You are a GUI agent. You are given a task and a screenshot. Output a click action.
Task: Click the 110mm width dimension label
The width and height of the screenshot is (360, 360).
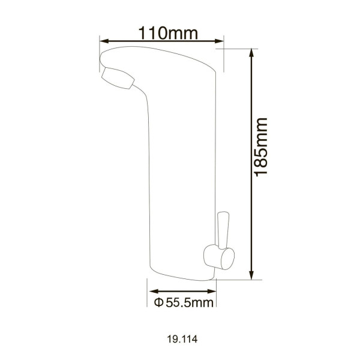coord(160,32)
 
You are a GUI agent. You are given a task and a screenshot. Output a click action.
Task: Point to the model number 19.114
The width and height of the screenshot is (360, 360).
coord(179,338)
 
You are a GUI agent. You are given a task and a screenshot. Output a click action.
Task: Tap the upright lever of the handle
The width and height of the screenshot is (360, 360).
coord(223,228)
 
